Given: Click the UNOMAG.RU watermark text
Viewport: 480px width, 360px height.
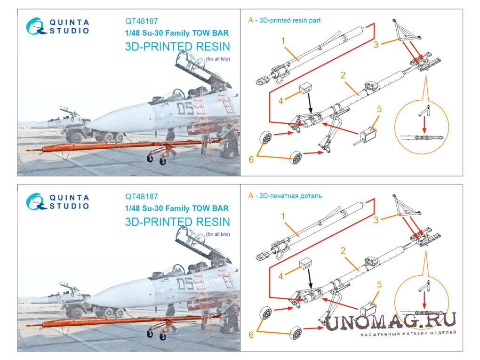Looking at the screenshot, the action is [x=391, y=321].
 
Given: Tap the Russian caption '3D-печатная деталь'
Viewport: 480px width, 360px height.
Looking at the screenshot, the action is [x=290, y=196].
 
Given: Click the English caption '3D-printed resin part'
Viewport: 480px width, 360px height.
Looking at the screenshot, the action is [x=289, y=21].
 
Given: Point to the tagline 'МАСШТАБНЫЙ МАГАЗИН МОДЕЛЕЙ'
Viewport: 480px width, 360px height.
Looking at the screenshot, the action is [x=408, y=334].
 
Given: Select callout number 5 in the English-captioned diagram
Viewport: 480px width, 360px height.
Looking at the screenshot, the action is [x=379, y=109].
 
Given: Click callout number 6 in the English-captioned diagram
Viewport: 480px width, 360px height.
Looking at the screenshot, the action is [x=251, y=160].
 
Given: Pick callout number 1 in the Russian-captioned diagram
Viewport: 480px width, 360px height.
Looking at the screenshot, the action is [x=283, y=216].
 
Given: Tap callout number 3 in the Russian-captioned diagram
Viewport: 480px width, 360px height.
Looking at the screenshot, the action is [x=376, y=220].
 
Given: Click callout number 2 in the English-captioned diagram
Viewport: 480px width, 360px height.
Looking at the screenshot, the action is [x=343, y=75].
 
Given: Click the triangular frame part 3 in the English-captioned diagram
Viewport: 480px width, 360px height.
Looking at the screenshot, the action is [x=404, y=32].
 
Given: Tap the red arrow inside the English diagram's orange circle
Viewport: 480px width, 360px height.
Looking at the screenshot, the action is [x=424, y=125].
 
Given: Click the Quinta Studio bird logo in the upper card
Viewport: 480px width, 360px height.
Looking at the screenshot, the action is [x=36, y=26].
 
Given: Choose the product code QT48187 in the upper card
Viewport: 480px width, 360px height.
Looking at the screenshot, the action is [x=142, y=21].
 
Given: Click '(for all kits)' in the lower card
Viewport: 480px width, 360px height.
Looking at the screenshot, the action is [x=218, y=234].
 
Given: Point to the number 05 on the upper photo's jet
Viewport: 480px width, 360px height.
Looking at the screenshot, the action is [x=185, y=109].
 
